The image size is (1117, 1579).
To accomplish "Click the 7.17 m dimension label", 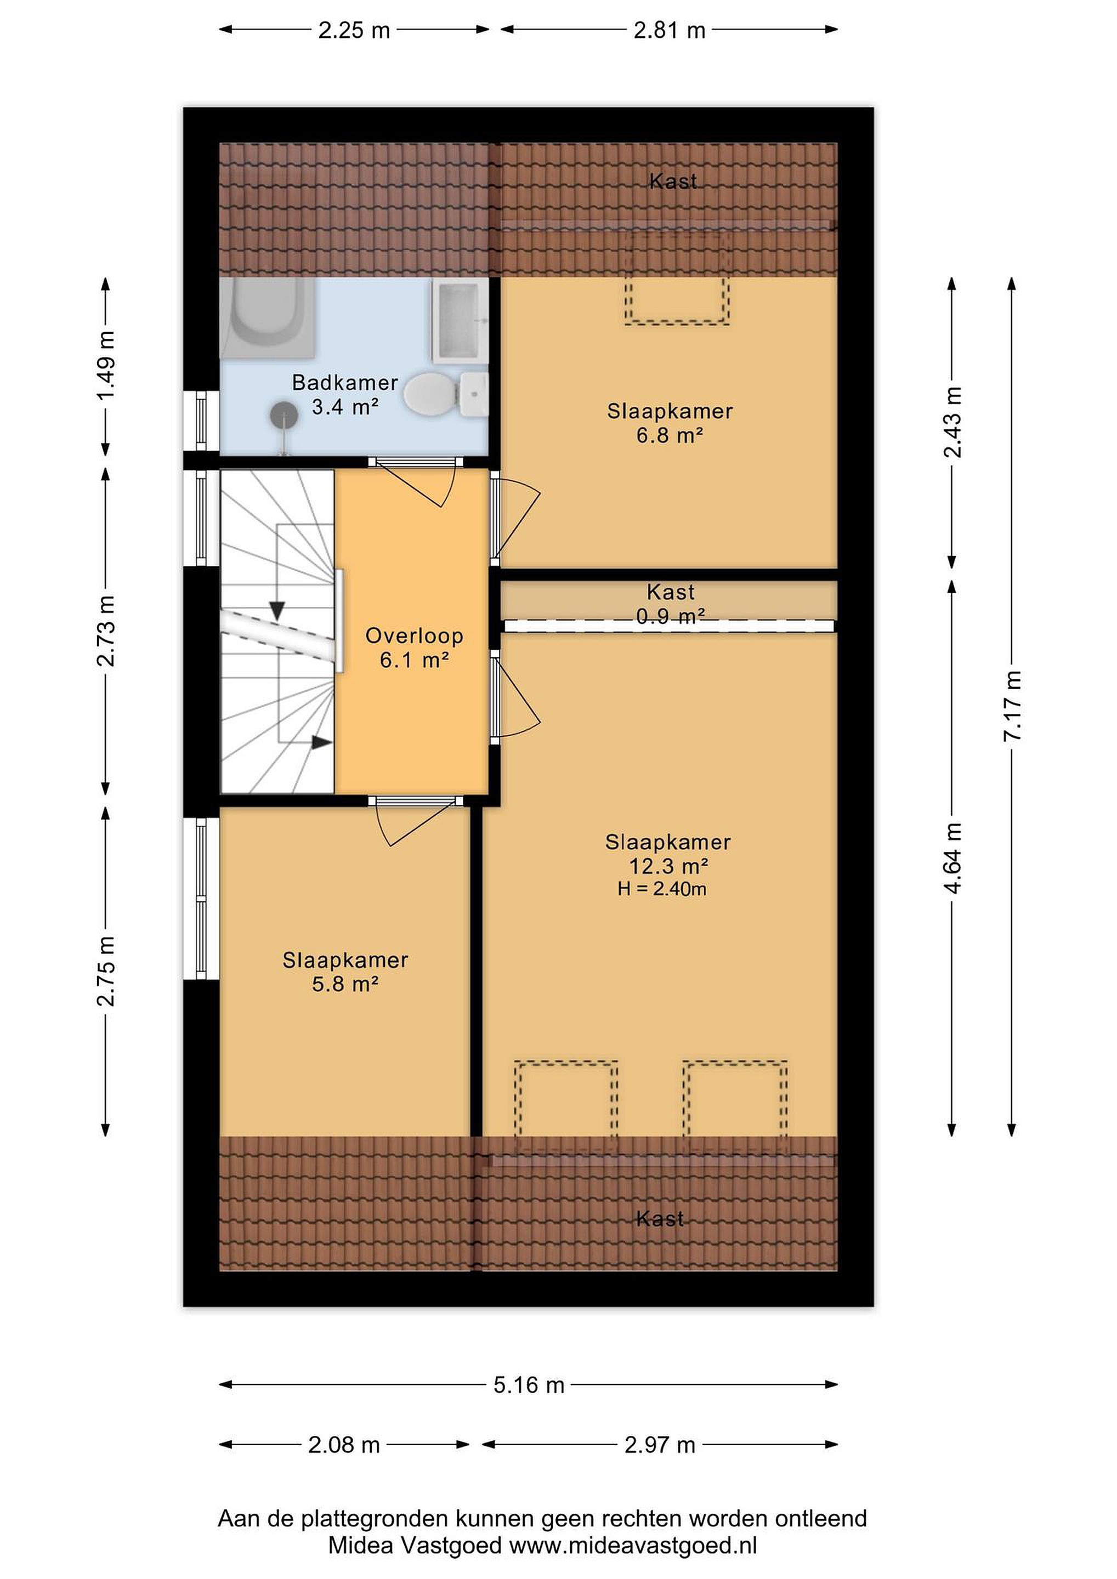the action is coord(1012,706).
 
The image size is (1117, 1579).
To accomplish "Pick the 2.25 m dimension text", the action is coord(354,30).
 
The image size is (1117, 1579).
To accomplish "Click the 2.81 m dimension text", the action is coord(669,30).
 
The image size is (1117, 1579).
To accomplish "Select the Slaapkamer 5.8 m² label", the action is coord(345,972).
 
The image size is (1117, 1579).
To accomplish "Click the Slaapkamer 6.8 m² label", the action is coord(670,423).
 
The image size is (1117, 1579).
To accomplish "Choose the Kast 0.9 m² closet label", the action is coord(671,603).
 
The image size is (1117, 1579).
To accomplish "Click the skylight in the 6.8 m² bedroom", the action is coord(677,278).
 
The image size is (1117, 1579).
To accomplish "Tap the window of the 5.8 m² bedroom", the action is coord(201,898).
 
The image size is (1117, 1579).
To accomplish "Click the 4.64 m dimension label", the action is coord(952,857).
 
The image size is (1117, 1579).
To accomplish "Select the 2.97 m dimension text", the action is coord(660,1445).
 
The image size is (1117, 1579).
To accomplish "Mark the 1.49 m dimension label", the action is coord(106,366).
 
